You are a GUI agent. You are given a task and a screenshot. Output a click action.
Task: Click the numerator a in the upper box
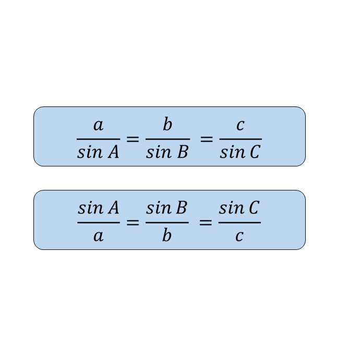[x=98, y=126]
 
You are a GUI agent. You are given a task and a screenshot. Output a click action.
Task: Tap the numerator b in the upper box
[x=167, y=125]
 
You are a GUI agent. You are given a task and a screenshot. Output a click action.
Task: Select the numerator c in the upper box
[x=240, y=126]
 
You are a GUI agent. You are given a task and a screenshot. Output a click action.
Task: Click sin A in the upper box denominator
[x=98, y=153]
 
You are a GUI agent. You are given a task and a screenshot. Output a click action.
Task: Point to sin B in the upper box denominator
[x=167, y=153]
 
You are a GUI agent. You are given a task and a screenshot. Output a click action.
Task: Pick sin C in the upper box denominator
[x=239, y=153]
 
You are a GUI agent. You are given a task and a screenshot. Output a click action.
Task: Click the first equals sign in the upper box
[x=133, y=139]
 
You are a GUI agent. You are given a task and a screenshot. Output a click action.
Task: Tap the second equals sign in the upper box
[x=207, y=139]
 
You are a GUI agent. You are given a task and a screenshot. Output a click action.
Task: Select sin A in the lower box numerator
[x=99, y=209]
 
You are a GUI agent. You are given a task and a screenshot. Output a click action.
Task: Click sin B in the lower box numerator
[x=166, y=209]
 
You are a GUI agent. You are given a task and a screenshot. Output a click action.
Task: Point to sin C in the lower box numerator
[x=239, y=209]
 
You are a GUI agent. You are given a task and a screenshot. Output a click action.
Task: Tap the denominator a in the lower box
[x=98, y=236]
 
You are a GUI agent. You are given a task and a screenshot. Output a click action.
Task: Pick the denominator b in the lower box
[x=167, y=235]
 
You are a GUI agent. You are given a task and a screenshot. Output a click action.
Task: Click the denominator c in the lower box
[x=239, y=236]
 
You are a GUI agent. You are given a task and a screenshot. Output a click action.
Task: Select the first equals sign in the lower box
[x=133, y=223]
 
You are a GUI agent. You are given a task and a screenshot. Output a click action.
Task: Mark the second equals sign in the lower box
[x=206, y=223]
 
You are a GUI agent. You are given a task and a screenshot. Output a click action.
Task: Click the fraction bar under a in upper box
[x=98, y=139]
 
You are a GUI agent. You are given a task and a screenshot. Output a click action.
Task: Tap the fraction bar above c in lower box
[x=239, y=223]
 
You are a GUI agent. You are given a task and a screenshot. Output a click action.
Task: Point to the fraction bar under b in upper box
[x=167, y=139]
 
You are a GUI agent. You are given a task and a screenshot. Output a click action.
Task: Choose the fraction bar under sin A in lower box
[x=99, y=223]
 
